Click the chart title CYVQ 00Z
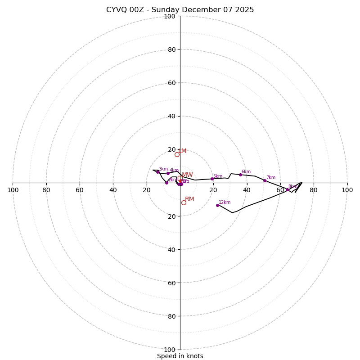pos(180,10)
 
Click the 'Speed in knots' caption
pos(180,356)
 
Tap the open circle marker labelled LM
pos(177,154)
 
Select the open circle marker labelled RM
pos(184,202)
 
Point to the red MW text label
pos(187,175)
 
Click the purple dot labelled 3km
pos(157,172)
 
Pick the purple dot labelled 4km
pos(168,173)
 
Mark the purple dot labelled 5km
pos(212,179)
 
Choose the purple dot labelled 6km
pos(240,175)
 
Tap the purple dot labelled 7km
pos(265,180)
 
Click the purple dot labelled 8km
pos(287,189)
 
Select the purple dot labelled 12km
pos(217,205)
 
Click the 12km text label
pos(225,202)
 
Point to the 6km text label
pos(246,172)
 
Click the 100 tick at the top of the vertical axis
pos(170,16)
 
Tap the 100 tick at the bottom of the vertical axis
pos(170,349)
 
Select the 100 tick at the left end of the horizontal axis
pos(13,190)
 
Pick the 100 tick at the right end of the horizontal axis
pos(347,190)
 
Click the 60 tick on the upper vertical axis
pos(171,83)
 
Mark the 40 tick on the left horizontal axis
pos(113,190)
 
